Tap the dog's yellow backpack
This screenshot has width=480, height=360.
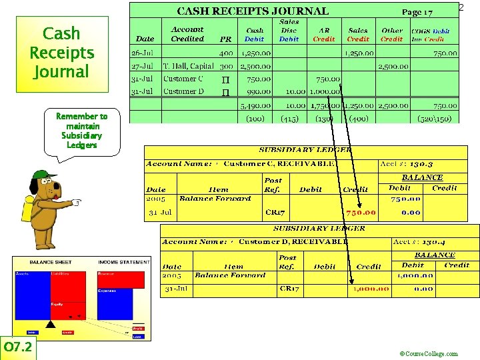27,209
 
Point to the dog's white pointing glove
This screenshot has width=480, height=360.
77,202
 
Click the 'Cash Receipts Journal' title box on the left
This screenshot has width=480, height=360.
61,53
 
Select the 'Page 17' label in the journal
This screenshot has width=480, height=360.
417,12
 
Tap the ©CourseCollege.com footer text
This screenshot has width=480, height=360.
428,354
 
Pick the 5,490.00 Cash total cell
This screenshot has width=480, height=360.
255,105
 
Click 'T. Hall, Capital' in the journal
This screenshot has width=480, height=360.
189,66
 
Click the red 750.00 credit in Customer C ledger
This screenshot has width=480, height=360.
361,213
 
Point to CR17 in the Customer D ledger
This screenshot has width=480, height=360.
290,289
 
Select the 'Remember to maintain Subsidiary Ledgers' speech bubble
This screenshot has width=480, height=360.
81,131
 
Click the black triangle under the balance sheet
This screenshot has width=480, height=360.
49,324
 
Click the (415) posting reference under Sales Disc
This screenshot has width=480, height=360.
289,119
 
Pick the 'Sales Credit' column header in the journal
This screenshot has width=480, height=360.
358,34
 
